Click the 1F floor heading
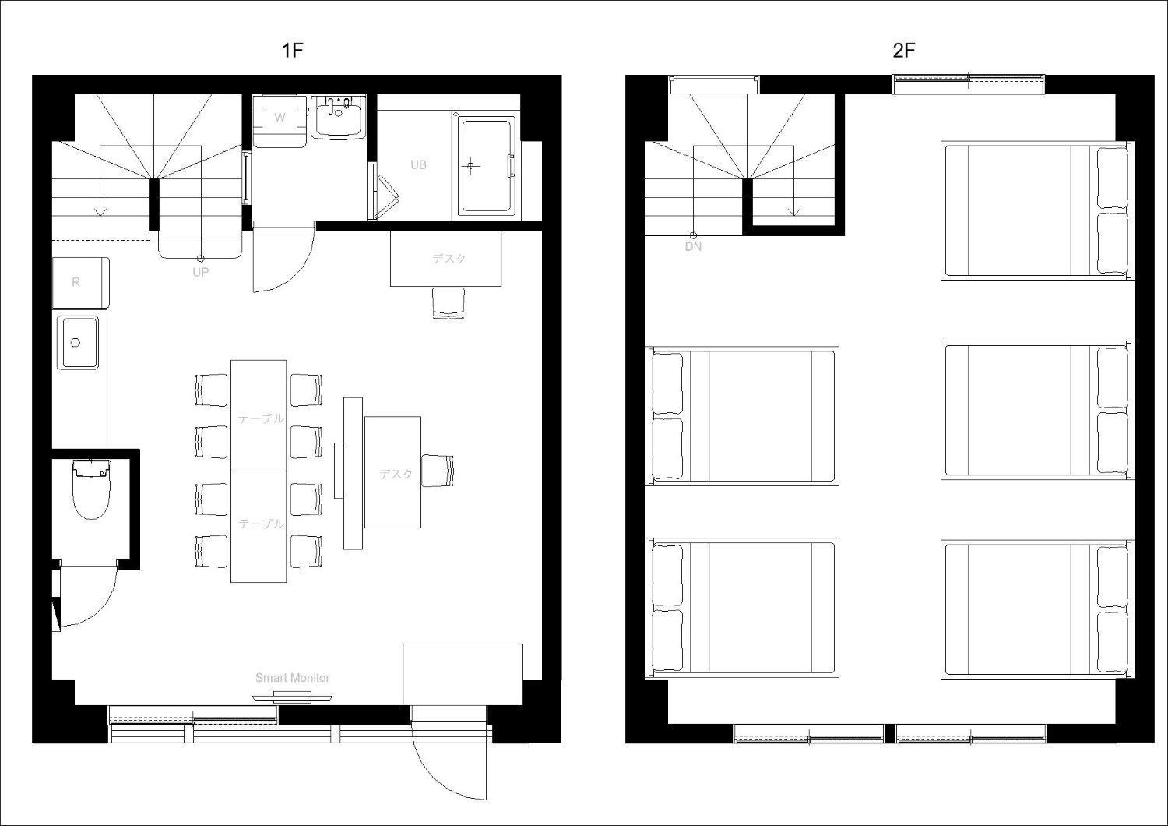point(293,50)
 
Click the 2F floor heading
point(903,50)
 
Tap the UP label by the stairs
point(201,272)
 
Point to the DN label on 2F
point(693,247)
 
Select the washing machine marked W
point(280,121)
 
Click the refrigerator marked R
point(81,282)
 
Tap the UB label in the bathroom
point(418,165)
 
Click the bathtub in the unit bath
point(487,166)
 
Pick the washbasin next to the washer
point(339,117)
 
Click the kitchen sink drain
point(76,342)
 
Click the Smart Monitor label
point(293,678)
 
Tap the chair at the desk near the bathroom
point(449,303)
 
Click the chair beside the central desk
point(438,471)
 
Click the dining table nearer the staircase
point(259,415)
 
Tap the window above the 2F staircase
point(714,84)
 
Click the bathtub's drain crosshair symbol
point(471,166)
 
